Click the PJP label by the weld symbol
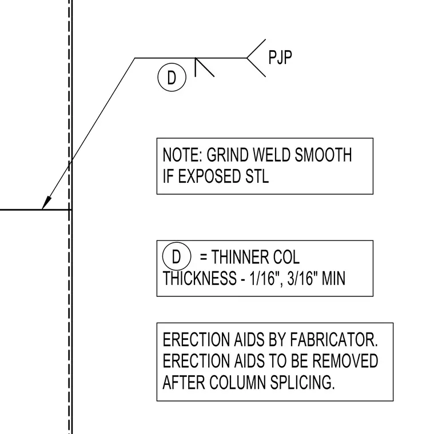coord(280,58)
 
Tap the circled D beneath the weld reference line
coord(172,78)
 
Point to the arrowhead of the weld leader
coord(46,202)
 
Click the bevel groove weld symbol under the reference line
coord(205,67)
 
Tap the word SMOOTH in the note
coord(323,155)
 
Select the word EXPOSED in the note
coord(209,176)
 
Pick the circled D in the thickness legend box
coord(177,256)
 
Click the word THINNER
coord(240,257)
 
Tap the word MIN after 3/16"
coord(333,279)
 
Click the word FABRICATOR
coord(334,340)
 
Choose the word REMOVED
coord(345,361)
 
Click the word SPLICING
coord(302,383)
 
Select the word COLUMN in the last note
coord(237,383)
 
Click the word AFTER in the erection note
coord(184,383)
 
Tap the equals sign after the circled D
coord(204,258)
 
